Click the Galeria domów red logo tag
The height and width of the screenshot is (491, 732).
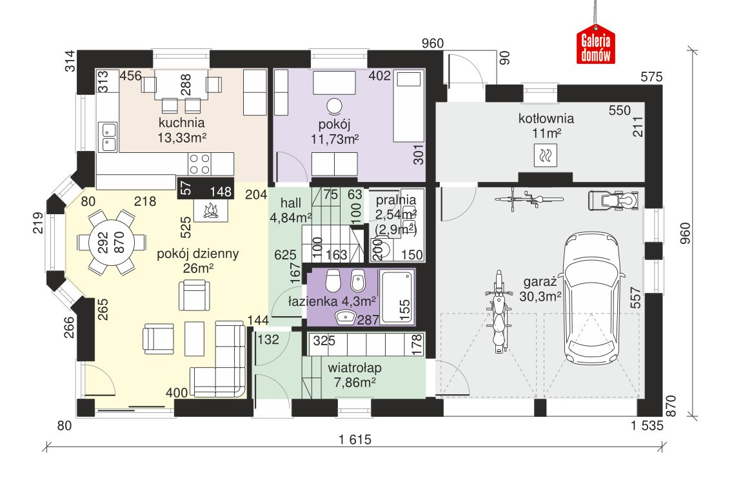[595, 47]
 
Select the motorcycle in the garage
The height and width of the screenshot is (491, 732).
[498, 311]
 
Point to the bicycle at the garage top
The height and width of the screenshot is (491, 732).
[528, 199]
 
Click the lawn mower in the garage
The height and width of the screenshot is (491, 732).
[613, 201]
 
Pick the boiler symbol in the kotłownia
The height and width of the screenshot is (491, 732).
[545, 155]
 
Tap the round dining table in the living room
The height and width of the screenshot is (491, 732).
[112, 243]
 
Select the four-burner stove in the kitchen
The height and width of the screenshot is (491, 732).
[199, 164]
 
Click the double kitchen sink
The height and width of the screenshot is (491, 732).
[108, 137]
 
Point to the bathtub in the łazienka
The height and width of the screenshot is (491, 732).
[397, 297]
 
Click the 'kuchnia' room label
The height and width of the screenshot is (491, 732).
[182, 123]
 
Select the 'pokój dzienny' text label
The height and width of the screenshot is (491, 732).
[198, 254]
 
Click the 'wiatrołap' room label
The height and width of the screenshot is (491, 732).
[355, 368]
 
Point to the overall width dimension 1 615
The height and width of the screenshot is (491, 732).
[355, 439]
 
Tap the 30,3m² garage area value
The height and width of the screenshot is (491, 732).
[540, 296]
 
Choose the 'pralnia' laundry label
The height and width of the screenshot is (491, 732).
[395, 200]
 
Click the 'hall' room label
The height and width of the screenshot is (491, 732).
[291, 203]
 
